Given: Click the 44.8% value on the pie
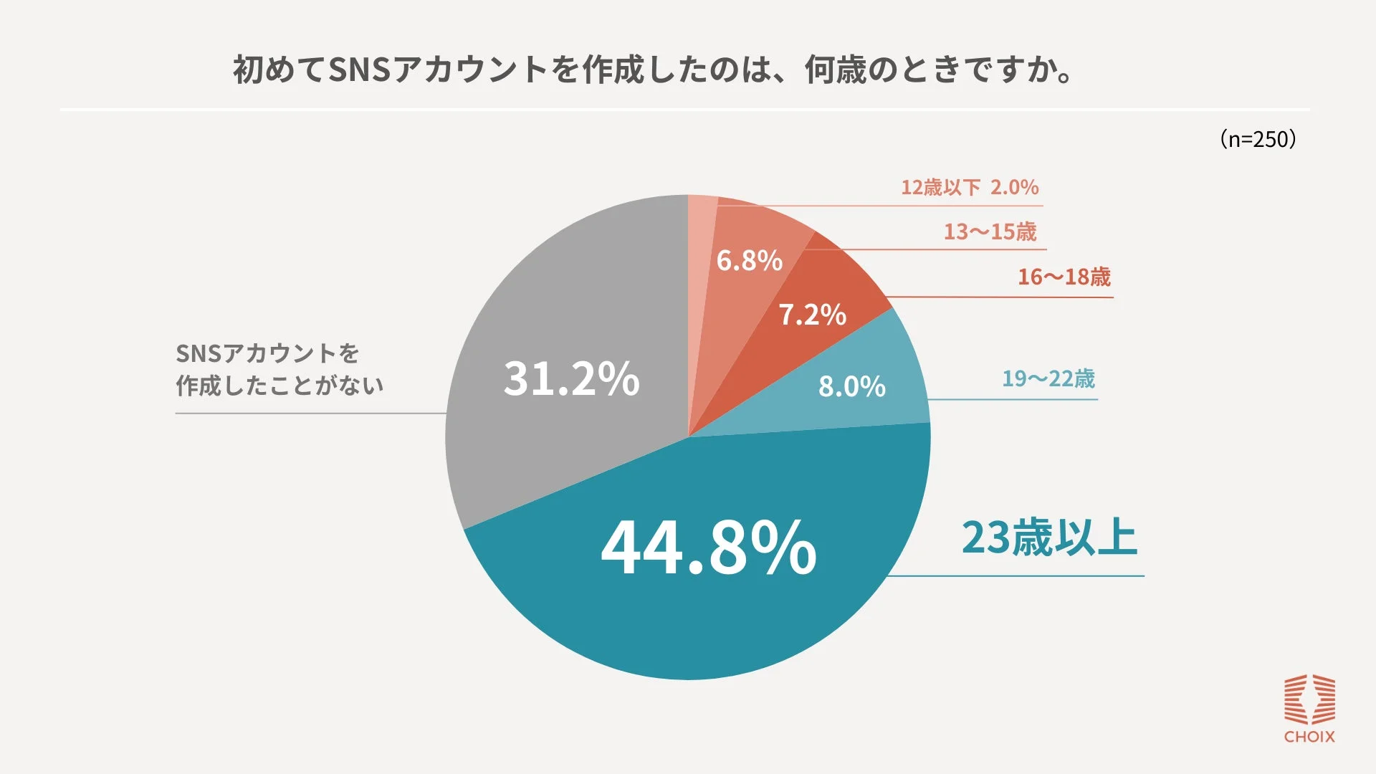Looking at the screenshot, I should [708, 548].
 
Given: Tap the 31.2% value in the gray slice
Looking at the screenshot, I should [571, 378].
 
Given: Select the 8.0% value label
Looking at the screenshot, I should [851, 387].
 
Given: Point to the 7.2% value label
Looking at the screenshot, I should [812, 315].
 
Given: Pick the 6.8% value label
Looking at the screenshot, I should [749, 261].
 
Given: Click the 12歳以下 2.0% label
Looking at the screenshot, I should [969, 188].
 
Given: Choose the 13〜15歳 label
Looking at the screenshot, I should [990, 232].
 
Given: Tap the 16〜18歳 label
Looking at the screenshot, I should [1064, 277].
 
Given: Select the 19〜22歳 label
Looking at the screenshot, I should [1048, 378].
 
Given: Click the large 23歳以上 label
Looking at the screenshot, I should [1049, 537].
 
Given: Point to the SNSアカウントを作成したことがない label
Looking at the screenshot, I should [279, 369].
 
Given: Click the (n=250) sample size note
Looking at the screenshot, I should [1258, 139].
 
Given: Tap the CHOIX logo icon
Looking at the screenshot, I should [1309, 699].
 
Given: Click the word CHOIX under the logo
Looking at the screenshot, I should [1309, 737].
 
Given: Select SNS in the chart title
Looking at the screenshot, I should [359, 70].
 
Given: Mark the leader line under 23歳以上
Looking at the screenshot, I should [1018, 575].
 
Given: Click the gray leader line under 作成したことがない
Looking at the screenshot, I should [308, 414].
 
